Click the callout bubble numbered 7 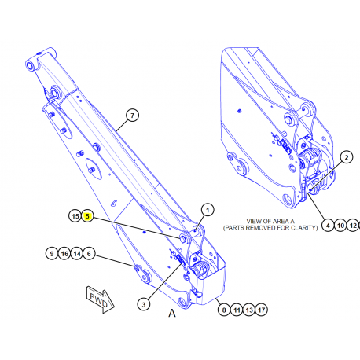pyautogui.click(x=132, y=116)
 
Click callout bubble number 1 pyautogui.click(x=208, y=209)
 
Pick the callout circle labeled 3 pyautogui.click(x=145, y=303)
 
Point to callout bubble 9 pyautogui.click(x=51, y=253)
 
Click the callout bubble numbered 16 pyautogui.click(x=64, y=253)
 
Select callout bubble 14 pyautogui.click(x=77, y=253)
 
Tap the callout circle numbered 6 pyautogui.click(x=90, y=253)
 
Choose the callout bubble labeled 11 pyautogui.click(x=236, y=310)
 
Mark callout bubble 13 pyautogui.click(x=249, y=310)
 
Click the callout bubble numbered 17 pyautogui.click(x=262, y=310)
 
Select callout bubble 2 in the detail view pyautogui.click(x=345, y=157)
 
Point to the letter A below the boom pyautogui.click(x=171, y=313)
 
